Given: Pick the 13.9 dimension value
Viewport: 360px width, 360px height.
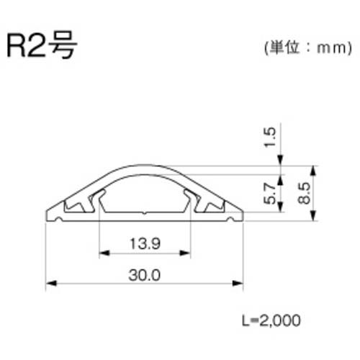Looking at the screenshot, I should [x=145, y=243].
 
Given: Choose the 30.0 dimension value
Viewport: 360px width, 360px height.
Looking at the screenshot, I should [x=145, y=275].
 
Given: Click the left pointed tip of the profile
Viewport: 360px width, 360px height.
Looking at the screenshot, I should [x=48, y=216].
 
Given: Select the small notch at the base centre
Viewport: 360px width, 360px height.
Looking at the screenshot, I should [x=145, y=213].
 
